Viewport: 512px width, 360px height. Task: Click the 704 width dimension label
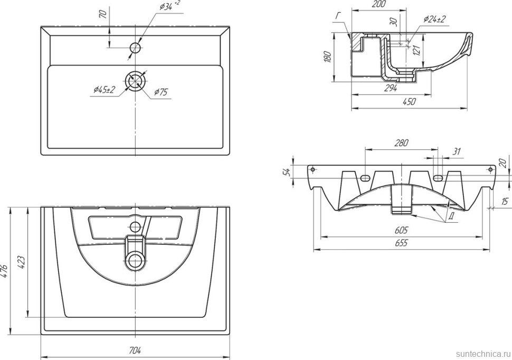[x=135, y=350]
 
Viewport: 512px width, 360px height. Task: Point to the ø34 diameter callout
[x=169, y=6]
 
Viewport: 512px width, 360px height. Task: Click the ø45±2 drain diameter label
[x=104, y=90]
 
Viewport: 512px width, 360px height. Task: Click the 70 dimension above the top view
[x=103, y=14]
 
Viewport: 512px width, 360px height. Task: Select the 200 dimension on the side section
[x=379, y=4]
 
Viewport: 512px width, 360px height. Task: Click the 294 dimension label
[x=391, y=88]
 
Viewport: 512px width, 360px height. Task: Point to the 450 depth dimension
[x=409, y=101]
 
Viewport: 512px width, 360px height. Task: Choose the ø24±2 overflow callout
[x=434, y=20]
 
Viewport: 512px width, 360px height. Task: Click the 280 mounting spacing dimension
[x=401, y=143]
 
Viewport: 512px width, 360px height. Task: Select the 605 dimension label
[x=401, y=230]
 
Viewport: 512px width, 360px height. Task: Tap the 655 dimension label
[x=401, y=243]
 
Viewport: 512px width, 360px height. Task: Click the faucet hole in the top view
[x=135, y=48]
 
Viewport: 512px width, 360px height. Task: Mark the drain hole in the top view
[x=135, y=80]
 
